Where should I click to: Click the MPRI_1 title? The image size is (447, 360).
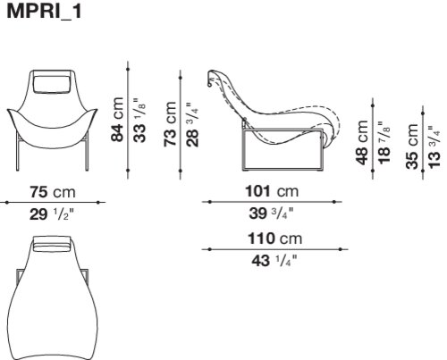[x=44, y=11]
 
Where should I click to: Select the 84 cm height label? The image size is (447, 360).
[x=117, y=119]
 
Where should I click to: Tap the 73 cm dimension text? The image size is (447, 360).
[x=170, y=123]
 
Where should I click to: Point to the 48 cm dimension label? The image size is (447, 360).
[x=362, y=142]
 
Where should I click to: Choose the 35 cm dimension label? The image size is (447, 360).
[x=412, y=147]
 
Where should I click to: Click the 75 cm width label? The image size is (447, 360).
[x=53, y=192]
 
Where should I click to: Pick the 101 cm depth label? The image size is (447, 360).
[x=272, y=191]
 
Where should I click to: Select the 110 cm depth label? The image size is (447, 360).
[x=275, y=239]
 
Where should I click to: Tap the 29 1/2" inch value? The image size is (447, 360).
[x=51, y=214]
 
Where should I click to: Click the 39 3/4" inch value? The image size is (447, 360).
[x=271, y=213]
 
